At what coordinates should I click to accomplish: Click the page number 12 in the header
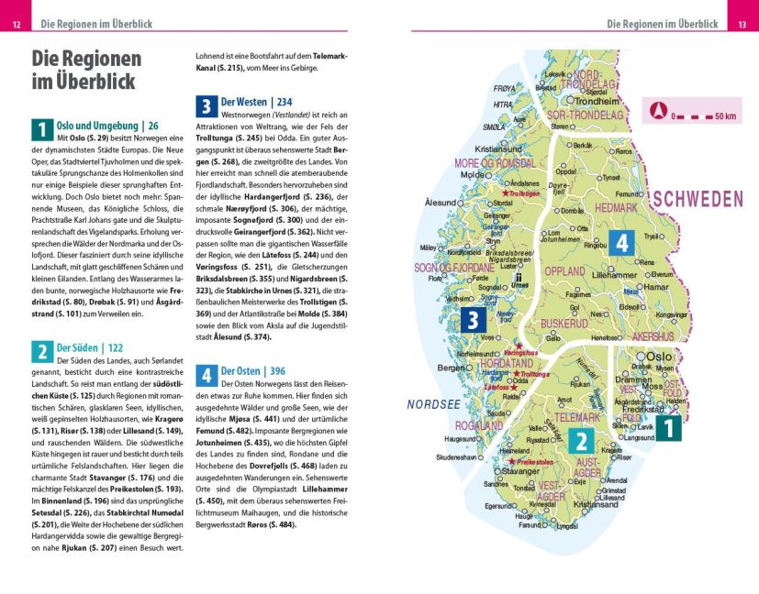(x=16, y=23)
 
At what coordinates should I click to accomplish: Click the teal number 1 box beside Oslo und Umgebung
(x=42, y=128)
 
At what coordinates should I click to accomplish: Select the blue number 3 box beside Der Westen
(x=206, y=104)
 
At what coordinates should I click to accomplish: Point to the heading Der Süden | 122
(x=90, y=348)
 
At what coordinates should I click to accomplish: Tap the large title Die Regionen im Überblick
(x=86, y=70)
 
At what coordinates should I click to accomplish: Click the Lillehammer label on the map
(x=615, y=275)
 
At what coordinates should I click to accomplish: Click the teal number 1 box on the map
(x=668, y=428)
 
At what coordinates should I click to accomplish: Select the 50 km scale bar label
(x=725, y=116)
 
